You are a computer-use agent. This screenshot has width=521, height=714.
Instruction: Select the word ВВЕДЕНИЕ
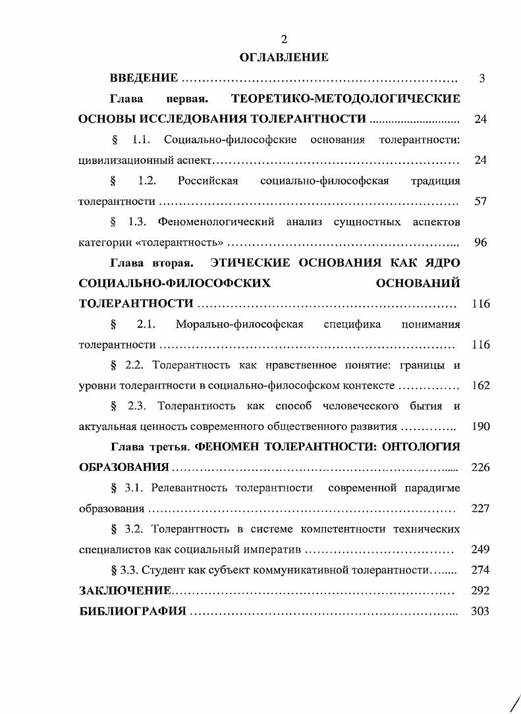coord(144,79)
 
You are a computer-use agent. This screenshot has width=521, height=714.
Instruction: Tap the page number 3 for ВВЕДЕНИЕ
coord(482,79)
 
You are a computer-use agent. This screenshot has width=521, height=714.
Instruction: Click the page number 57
coord(480,202)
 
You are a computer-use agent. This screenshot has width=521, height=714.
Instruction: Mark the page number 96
coord(480,242)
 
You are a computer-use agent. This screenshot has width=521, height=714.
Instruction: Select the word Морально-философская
coord(239,324)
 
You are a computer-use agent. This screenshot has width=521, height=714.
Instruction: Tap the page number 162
coord(481,386)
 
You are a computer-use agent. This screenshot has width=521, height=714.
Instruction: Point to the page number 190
coord(481,427)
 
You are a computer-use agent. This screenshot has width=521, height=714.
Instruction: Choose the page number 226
coord(481,468)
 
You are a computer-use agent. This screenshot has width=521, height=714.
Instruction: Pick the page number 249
coord(481,549)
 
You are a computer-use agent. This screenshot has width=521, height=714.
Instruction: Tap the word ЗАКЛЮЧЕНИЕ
coord(125,591)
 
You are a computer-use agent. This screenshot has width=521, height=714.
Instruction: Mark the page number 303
coord(481,611)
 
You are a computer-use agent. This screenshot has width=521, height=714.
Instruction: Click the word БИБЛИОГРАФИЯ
coord(132,611)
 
